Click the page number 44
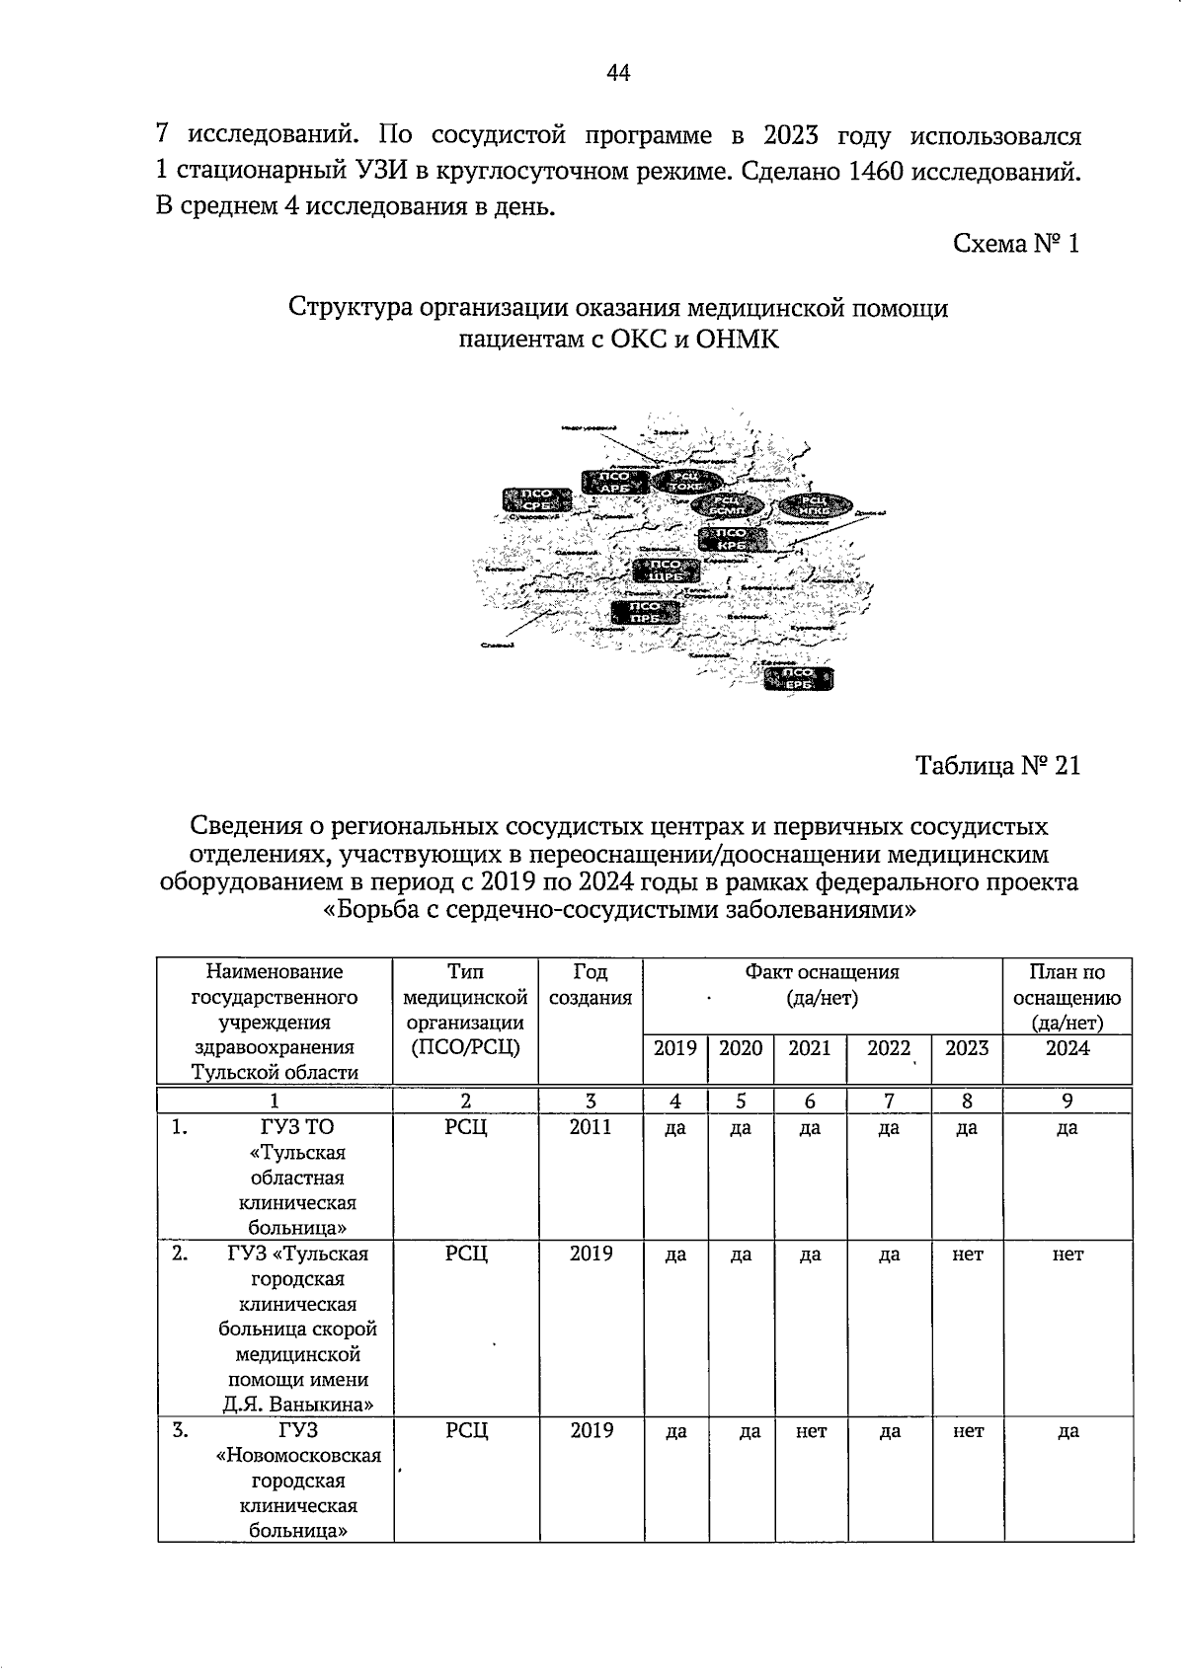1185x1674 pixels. click(x=619, y=73)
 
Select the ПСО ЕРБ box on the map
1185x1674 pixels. click(x=798, y=680)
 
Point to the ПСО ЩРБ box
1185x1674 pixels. click(x=667, y=571)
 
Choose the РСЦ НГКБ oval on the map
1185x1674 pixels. click(x=815, y=506)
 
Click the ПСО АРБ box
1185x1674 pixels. click(x=615, y=482)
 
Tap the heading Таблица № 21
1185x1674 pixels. click(x=997, y=766)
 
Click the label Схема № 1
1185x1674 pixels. click(x=1016, y=244)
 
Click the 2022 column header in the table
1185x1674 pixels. click(x=888, y=1049)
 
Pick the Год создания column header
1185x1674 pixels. click(x=590, y=985)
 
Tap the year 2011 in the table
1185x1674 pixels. click(x=591, y=1127)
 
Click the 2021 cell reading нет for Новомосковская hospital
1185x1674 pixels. click(x=811, y=1431)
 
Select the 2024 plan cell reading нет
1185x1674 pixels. click(x=1067, y=1255)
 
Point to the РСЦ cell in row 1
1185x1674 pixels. click(x=466, y=1127)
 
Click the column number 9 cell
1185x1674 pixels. click(x=1067, y=1102)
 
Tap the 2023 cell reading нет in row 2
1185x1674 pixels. click(x=968, y=1255)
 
